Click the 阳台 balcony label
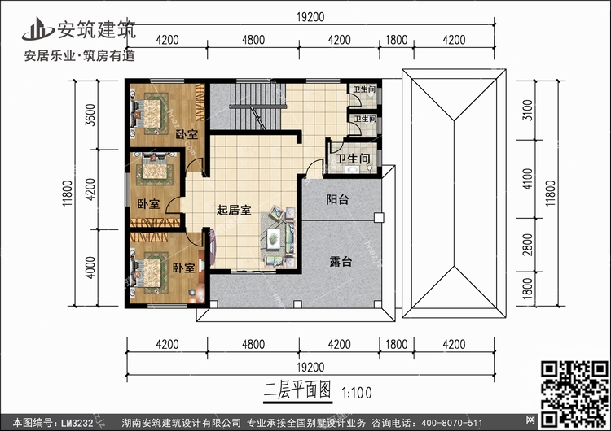pos(338,200)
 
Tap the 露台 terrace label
pos(341,262)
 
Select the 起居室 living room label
pos(234,210)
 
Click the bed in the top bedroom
pos(152,108)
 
